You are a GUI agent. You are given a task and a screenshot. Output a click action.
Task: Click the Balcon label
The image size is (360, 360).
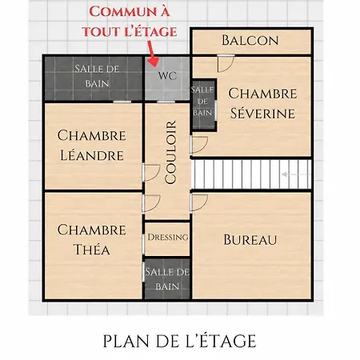[x=250, y=40]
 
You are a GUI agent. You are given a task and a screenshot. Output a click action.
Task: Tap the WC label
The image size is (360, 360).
[x=167, y=76]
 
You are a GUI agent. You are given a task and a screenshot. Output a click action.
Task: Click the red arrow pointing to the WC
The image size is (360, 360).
[x=152, y=54]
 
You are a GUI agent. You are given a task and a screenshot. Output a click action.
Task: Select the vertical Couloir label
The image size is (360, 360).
[x=170, y=152]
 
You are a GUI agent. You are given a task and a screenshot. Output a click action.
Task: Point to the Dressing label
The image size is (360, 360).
[x=168, y=237]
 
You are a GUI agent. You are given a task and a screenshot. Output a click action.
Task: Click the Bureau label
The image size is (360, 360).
[x=250, y=239]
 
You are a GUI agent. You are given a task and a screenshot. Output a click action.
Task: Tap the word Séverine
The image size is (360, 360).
[x=263, y=114]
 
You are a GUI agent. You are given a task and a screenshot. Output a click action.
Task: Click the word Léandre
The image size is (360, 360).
[x=92, y=155]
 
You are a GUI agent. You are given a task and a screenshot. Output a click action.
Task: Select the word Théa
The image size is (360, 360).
[x=92, y=250]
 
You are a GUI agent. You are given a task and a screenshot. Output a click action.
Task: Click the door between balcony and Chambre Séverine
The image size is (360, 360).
[x=226, y=63]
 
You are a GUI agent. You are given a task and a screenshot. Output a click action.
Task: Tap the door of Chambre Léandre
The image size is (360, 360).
[x=151, y=173]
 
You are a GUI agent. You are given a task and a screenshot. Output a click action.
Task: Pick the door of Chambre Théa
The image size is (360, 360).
[x=151, y=203]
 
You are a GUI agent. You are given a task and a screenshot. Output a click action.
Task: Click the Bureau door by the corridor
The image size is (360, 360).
[x=199, y=203]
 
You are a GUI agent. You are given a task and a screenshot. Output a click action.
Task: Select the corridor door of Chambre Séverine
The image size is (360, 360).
[x=199, y=145]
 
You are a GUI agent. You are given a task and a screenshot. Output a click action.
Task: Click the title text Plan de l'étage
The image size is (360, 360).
[x=179, y=341]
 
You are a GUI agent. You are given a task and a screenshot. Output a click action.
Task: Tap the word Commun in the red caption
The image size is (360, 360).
[x=119, y=12]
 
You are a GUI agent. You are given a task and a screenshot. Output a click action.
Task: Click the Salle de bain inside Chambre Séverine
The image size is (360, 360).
[x=203, y=104]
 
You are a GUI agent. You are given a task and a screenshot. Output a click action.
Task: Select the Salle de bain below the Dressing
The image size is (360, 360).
[x=167, y=278]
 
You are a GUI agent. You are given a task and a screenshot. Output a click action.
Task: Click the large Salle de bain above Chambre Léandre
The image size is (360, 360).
[x=94, y=78]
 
